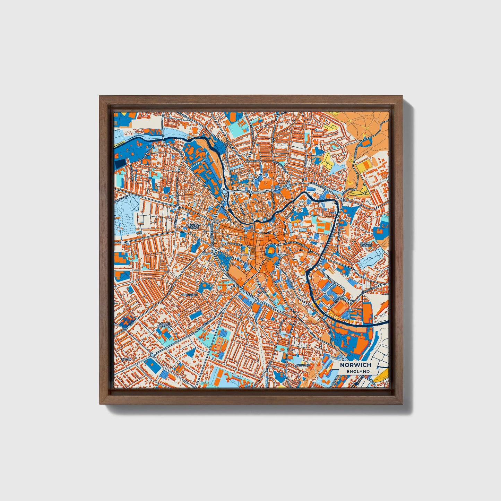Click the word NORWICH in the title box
[x=355, y=365]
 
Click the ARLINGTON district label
[x=189, y=295]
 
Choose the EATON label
[x=126, y=359]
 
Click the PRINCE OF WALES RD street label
[x=295, y=243]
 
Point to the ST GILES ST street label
[x=235, y=244]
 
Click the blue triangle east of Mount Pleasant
[x=190, y=353]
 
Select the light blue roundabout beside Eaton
[x=153, y=355]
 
